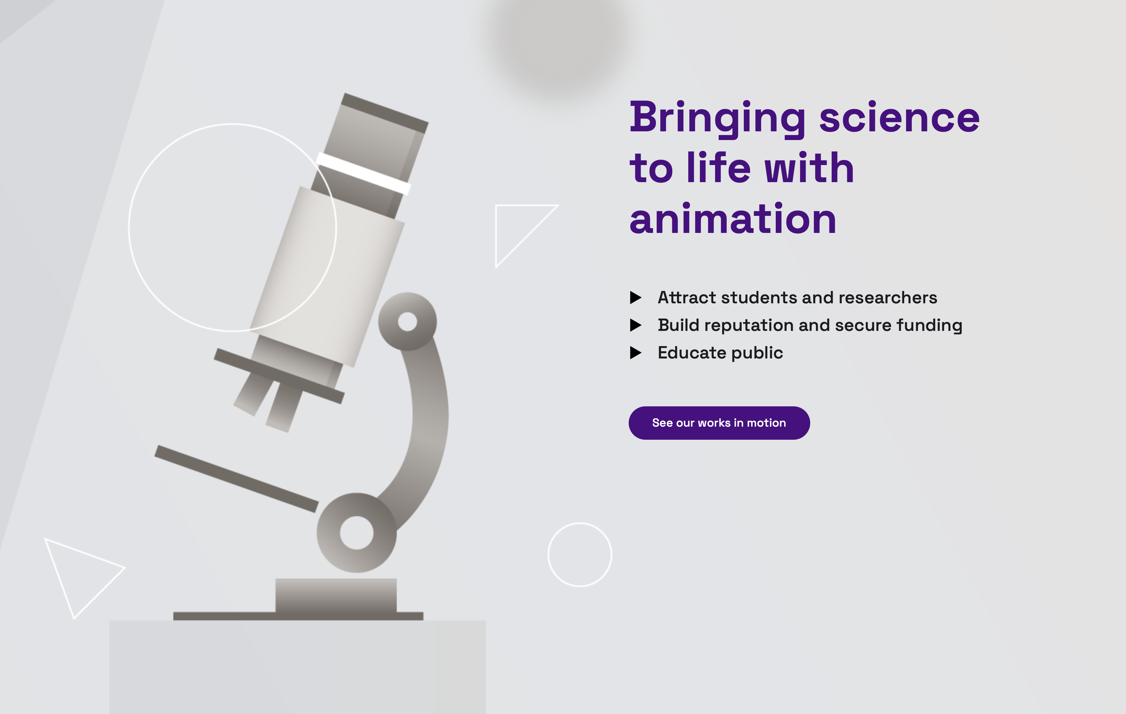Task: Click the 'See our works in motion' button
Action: coord(719,423)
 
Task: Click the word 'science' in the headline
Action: coord(899,118)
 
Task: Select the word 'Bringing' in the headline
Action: coord(717,118)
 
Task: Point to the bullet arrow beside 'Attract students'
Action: coord(636,297)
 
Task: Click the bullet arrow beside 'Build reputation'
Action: coord(636,325)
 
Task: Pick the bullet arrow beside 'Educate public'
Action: coord(636,353)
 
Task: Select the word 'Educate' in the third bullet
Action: coord(692,353)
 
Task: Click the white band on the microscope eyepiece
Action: coord(363,173)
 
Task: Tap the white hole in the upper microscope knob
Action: coord(407,321)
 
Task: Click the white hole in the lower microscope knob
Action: coord(356,533)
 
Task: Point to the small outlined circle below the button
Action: coord(579,555)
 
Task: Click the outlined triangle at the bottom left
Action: coord(79,573)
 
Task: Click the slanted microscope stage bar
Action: coord(236,479)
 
